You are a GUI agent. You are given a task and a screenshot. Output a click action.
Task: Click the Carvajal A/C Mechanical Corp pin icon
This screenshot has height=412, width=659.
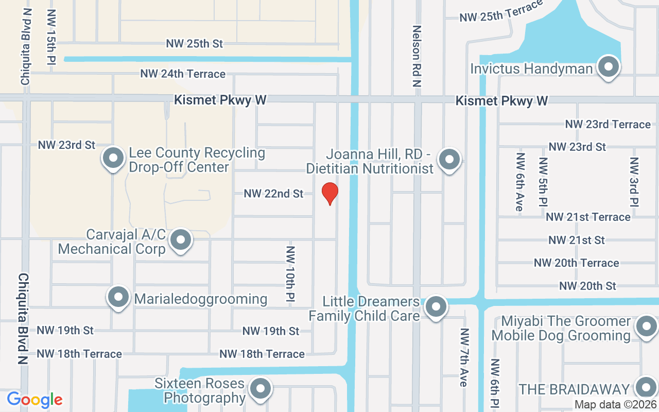pyautogui.click(x=181, y=240)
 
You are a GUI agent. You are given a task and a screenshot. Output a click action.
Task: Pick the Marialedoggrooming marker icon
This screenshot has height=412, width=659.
pyautogui.click(x=118, y=297)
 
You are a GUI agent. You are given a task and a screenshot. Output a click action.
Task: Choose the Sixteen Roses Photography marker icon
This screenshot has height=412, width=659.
pyautogui.click(x=261, y=389)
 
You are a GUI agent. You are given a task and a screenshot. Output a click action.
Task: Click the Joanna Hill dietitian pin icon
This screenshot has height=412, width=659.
pyautogui.click(x=449, y=160)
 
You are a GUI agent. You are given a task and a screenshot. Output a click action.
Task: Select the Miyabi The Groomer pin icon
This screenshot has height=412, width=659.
pyautogui.click(x=646, y=327)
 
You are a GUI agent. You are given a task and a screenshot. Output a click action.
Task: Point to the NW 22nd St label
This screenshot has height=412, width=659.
pyautogui.click(x=273, y=194)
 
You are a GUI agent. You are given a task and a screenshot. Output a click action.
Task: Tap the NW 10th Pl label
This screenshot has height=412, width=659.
pyautogui.click(x=290, y=273)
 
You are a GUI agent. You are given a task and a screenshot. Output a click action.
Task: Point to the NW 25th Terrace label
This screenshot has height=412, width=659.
pyautogui.click(x=501, y=11)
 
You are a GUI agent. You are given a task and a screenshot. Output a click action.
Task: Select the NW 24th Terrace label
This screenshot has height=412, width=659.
pyautogui.click(x=183, y=74)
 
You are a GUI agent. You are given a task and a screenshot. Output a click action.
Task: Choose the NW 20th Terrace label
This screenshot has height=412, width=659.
pyautogui.click(x=576, y=263)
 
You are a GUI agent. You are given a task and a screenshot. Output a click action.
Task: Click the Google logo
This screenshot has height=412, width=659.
pyautogui.click(x=34, y=399)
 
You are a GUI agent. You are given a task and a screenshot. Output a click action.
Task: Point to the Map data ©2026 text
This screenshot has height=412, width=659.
pyautogui.click(x=615, y=405)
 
